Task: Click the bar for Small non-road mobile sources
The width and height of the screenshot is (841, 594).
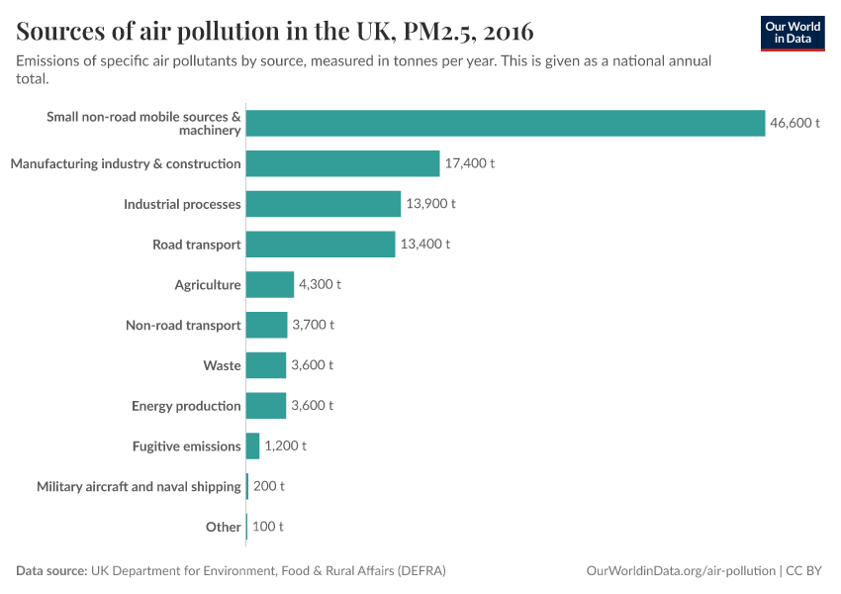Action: (505, 123)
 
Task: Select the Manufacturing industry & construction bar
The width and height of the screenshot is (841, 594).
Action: (342, 163)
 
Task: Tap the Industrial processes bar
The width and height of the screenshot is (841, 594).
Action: (323, 204)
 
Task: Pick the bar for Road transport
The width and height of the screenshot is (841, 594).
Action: (321, 245)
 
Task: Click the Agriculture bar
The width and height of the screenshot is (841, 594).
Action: (269, 285)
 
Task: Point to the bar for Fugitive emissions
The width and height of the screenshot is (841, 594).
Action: (252, 446)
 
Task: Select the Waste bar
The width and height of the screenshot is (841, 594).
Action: (265, 365)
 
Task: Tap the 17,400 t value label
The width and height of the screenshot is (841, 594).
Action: (469, 163)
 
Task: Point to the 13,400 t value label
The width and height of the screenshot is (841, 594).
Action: (424, 245)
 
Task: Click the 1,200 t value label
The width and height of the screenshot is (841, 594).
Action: (285, 446)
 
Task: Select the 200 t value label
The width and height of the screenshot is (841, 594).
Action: (268, 487)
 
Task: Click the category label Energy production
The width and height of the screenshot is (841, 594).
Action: (186, 406)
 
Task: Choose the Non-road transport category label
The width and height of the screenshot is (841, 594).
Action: (183, 326)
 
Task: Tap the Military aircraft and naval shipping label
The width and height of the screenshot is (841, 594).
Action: (139, 487)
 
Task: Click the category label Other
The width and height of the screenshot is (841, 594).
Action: (223, 527)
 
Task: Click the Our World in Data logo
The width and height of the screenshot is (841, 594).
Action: (793, 33)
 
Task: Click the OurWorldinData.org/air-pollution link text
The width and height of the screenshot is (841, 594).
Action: (681, 571)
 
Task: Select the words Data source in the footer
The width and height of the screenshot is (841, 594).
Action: (51, 571)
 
